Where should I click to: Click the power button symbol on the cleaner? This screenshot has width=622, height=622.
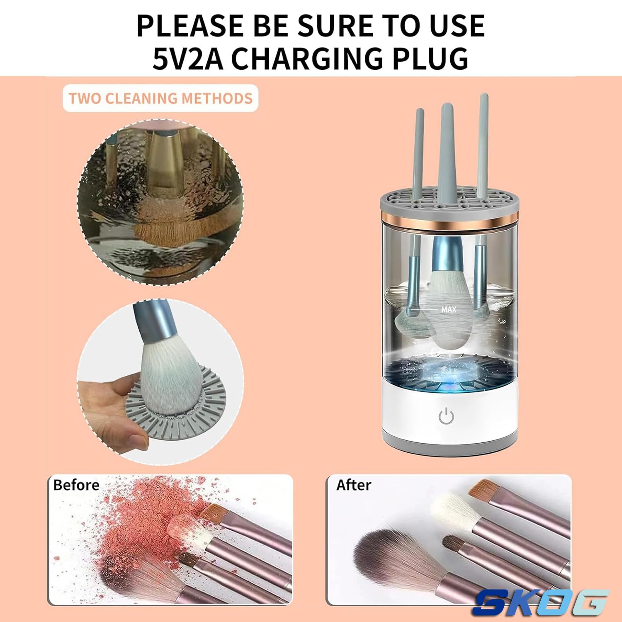point(446,416)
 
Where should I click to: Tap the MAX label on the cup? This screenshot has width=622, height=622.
point(449,309)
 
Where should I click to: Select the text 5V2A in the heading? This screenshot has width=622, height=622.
point(187,58)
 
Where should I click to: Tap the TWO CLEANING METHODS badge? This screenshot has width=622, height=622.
point(160,98)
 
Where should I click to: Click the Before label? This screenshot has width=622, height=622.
point(76,485)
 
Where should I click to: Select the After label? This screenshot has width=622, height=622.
point(354,485)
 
